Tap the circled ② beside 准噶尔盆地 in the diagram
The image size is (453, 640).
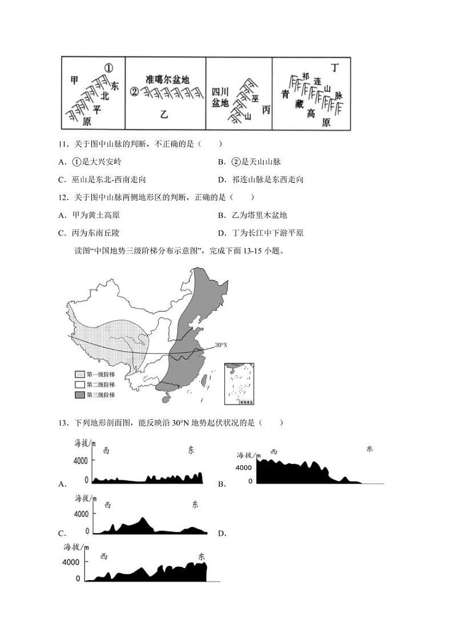(135, 91)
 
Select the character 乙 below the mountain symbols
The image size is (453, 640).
(164, 115)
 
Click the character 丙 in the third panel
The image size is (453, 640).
(266, 110)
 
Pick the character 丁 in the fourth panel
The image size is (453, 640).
(335, 68)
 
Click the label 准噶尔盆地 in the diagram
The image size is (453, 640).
(167, 80)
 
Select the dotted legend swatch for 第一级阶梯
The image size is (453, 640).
(79, 374)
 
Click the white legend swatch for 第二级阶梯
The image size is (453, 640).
(79, 384)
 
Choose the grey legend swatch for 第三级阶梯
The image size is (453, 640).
(79, 395)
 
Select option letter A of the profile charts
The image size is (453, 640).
(62, 484)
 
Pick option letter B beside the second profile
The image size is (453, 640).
(221, 484)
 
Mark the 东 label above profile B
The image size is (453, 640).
(370, 449)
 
